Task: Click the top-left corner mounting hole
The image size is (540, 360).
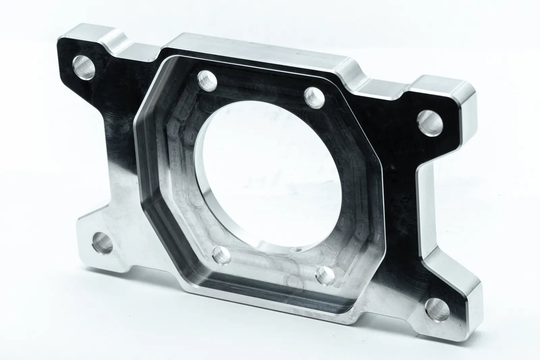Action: pyautogui.click(x=83, y=67)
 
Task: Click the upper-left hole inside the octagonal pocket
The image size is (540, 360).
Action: pyautogui.click(x=206, y=81)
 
